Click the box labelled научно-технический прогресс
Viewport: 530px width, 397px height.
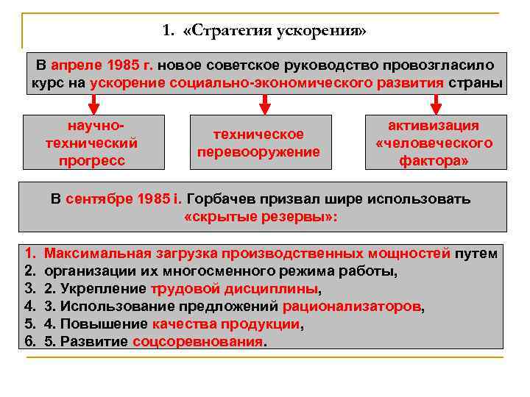(92, 142)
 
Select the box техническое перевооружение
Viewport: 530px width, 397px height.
(258, 143)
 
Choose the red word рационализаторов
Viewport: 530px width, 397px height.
(353, 307)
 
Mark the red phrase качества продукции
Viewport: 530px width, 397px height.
(227, 324)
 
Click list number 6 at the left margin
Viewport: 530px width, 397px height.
(30, 342)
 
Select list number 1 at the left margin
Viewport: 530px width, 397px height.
(30, 254)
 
